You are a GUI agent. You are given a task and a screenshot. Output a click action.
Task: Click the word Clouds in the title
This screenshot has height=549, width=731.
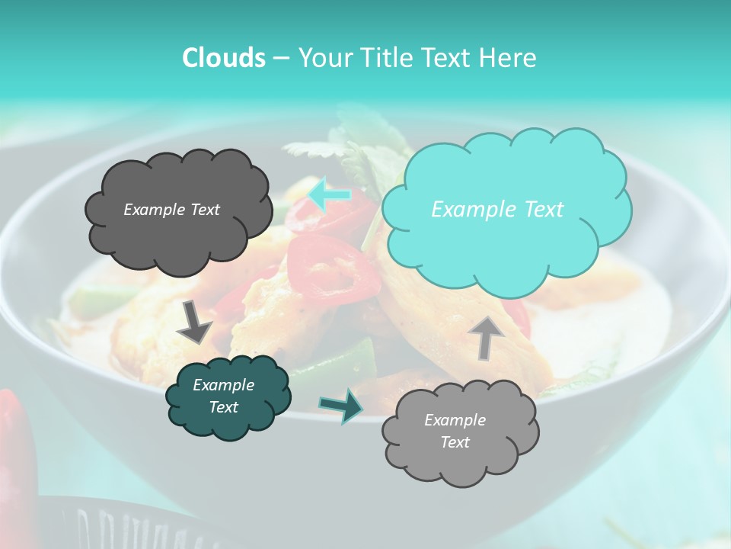tap(223, 58)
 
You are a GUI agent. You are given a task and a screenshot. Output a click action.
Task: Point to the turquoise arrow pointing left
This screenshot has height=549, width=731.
tap(330, 195)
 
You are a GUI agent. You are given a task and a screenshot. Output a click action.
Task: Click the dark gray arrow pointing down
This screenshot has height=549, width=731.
tap(195, 321)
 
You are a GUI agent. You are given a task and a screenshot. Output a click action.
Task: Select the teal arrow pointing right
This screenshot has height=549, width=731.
tap(341, 405)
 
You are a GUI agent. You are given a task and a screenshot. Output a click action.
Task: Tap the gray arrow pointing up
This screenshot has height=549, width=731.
tap(487, 335)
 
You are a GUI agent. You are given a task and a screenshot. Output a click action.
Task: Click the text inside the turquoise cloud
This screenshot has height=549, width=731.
tap(497, 210)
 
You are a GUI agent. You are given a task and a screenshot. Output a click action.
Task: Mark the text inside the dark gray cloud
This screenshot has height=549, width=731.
tap(171, 210)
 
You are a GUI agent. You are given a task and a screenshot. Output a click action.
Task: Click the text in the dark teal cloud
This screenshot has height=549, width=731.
tap(223, 396)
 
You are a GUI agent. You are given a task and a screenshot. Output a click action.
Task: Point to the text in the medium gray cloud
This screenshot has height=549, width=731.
tap(455, 431)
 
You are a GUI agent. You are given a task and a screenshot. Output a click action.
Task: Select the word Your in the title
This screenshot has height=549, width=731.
tap(323, 58)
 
